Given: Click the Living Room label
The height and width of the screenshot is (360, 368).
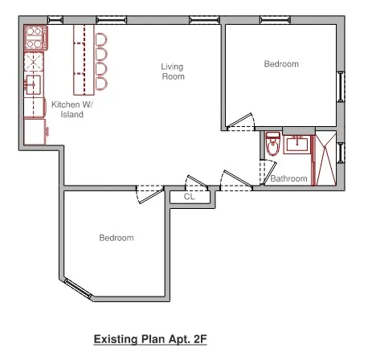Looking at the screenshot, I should [172, 72].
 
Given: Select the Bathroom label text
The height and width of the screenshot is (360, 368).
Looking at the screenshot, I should [288, 178].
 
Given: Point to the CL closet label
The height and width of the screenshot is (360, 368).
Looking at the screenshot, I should [189, 196].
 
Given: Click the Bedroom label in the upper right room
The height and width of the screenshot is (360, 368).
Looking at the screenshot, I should [280, 64].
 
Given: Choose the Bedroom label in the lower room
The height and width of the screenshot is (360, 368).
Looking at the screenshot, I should [116, 238].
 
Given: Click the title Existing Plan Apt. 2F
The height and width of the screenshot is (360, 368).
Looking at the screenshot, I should [150, 339].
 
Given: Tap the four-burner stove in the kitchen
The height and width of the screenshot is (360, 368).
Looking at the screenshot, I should [35, 37].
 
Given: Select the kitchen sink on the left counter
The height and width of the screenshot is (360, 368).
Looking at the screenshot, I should [33, 83].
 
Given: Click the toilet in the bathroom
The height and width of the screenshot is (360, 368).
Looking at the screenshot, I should [272, 144].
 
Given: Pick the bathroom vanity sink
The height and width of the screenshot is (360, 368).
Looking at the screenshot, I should [296, 145].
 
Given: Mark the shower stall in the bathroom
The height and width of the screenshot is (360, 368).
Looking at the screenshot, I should [325, 160].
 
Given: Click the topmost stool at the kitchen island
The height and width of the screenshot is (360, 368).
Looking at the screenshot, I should [100, 39].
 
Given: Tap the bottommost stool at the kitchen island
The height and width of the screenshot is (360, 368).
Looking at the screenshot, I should [100, 83].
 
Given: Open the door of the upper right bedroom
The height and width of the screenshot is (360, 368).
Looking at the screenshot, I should [239, 122].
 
